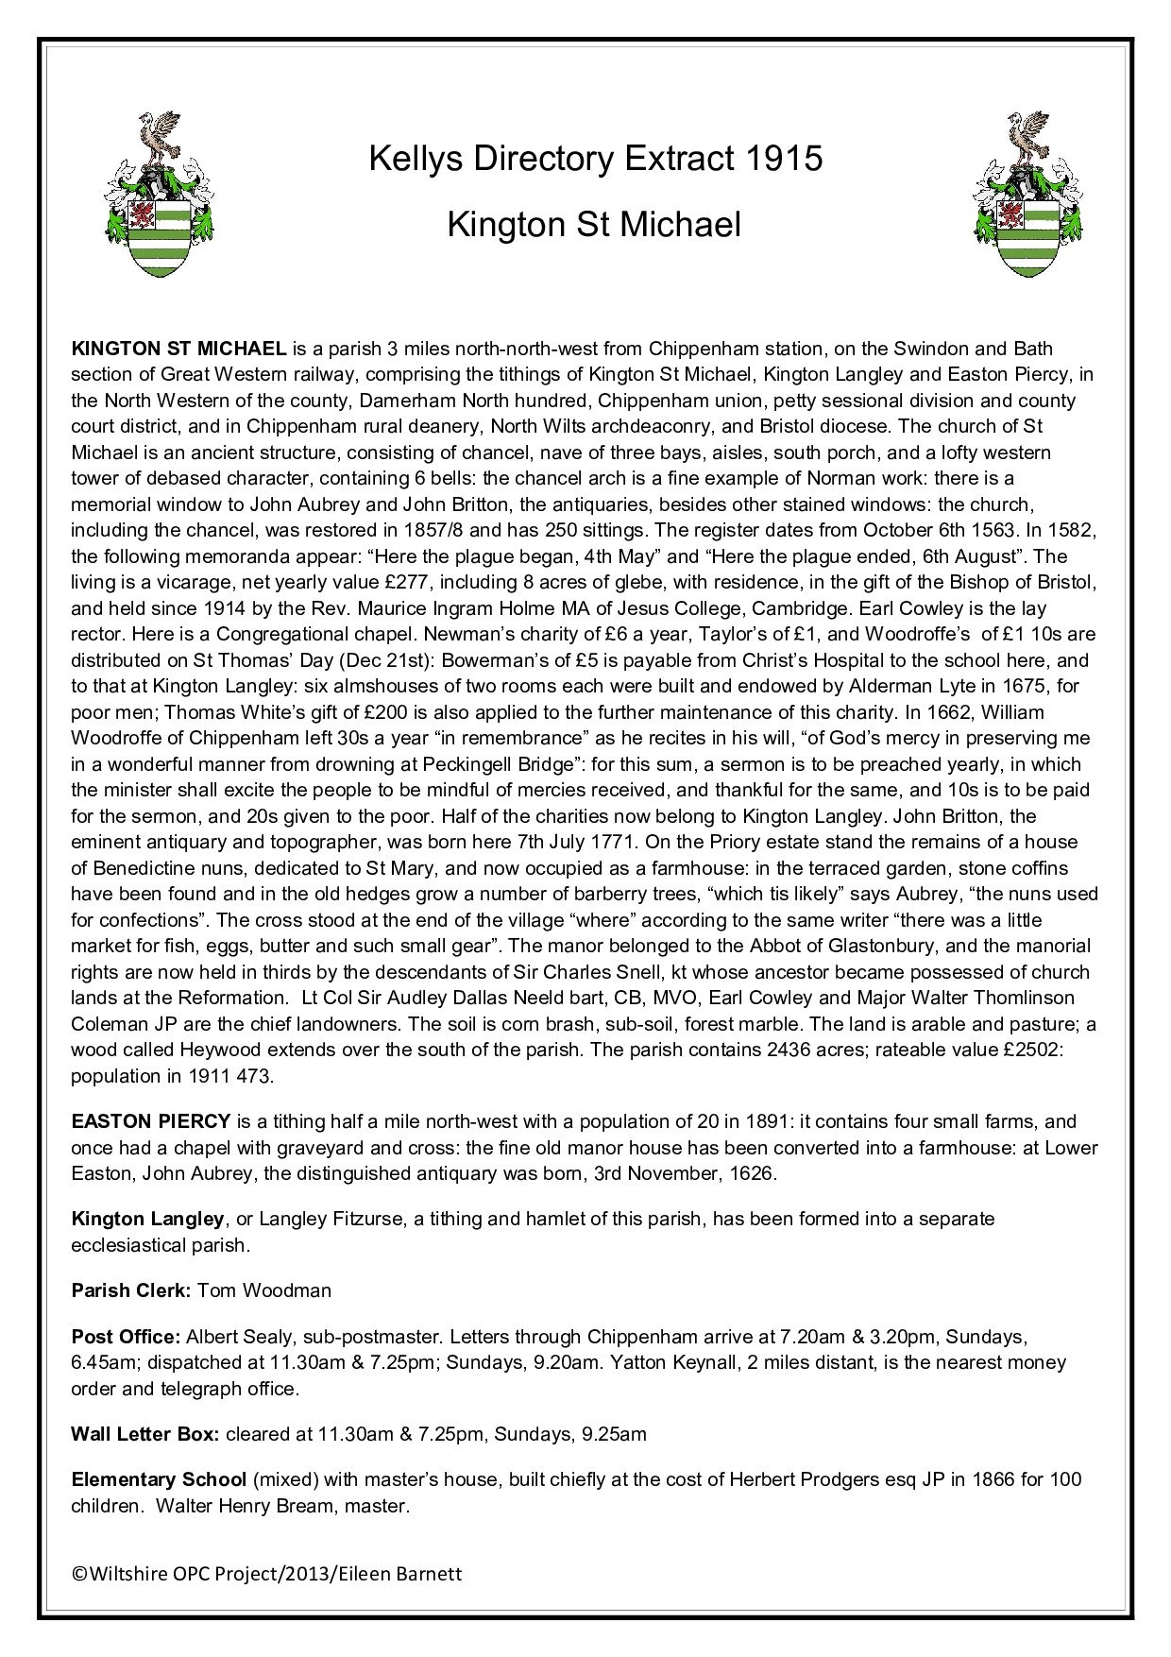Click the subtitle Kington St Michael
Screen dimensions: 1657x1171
(594, 225)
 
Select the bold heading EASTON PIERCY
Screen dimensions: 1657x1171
(151, 1121)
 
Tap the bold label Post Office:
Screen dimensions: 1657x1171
(126, 1337)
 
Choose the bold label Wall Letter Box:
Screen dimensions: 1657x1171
(145, 1434)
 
